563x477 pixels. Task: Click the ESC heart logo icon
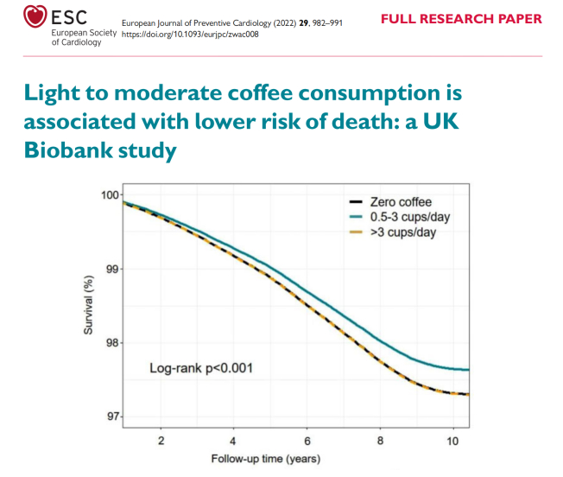[33, 16]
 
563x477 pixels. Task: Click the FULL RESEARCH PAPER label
[462, 19]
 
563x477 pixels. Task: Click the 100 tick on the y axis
[110, 195]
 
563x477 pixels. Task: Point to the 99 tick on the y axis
[112, 269]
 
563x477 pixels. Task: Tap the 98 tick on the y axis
[112, 343]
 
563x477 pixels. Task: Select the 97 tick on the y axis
[112, 417]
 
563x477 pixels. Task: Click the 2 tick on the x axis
[161, 441]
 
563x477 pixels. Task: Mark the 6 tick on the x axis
[307, 441]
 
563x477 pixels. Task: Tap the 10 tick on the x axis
[452, 441]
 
